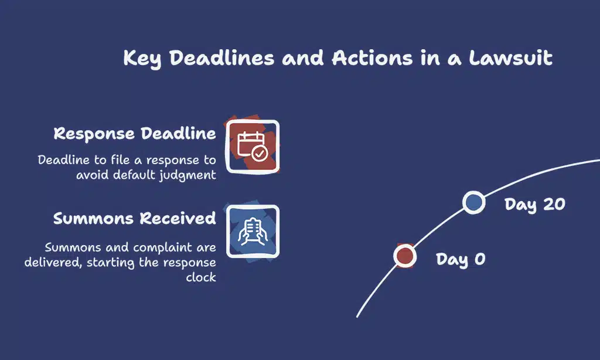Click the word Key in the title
[142, 59]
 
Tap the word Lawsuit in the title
[511, 58]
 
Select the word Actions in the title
[372, 58]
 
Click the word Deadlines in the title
[221, 58]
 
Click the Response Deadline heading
[135, 134]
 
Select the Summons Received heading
[135, 218]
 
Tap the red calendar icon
[253, 147]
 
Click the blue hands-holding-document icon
[253, 232]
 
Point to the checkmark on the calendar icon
[260, 154]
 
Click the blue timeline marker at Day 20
[473, 202]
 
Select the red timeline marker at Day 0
[405, 256]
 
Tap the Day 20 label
[534, 205]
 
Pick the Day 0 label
[461, 260]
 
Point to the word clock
[201, 277]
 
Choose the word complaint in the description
[163, 248]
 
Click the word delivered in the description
[53, 263]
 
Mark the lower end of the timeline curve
[357, 317]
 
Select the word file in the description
[120, 159]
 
